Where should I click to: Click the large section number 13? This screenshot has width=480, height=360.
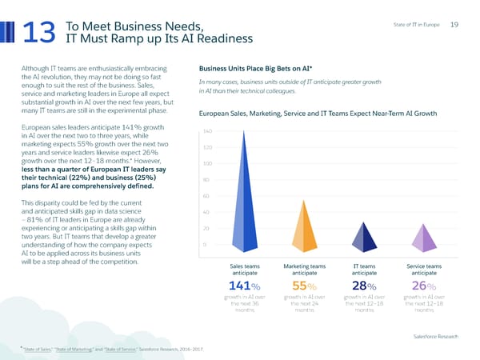click(x=38, y=31)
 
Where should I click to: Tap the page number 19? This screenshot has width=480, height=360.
click(x=454, y=24)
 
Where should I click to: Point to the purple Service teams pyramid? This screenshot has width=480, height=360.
click(x=424, y=235)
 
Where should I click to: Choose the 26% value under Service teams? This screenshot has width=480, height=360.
click(x=424, y=287)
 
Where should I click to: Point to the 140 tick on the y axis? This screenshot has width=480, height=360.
click(x=206, y=131)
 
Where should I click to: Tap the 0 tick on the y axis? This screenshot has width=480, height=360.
click(x=206, y=245)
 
